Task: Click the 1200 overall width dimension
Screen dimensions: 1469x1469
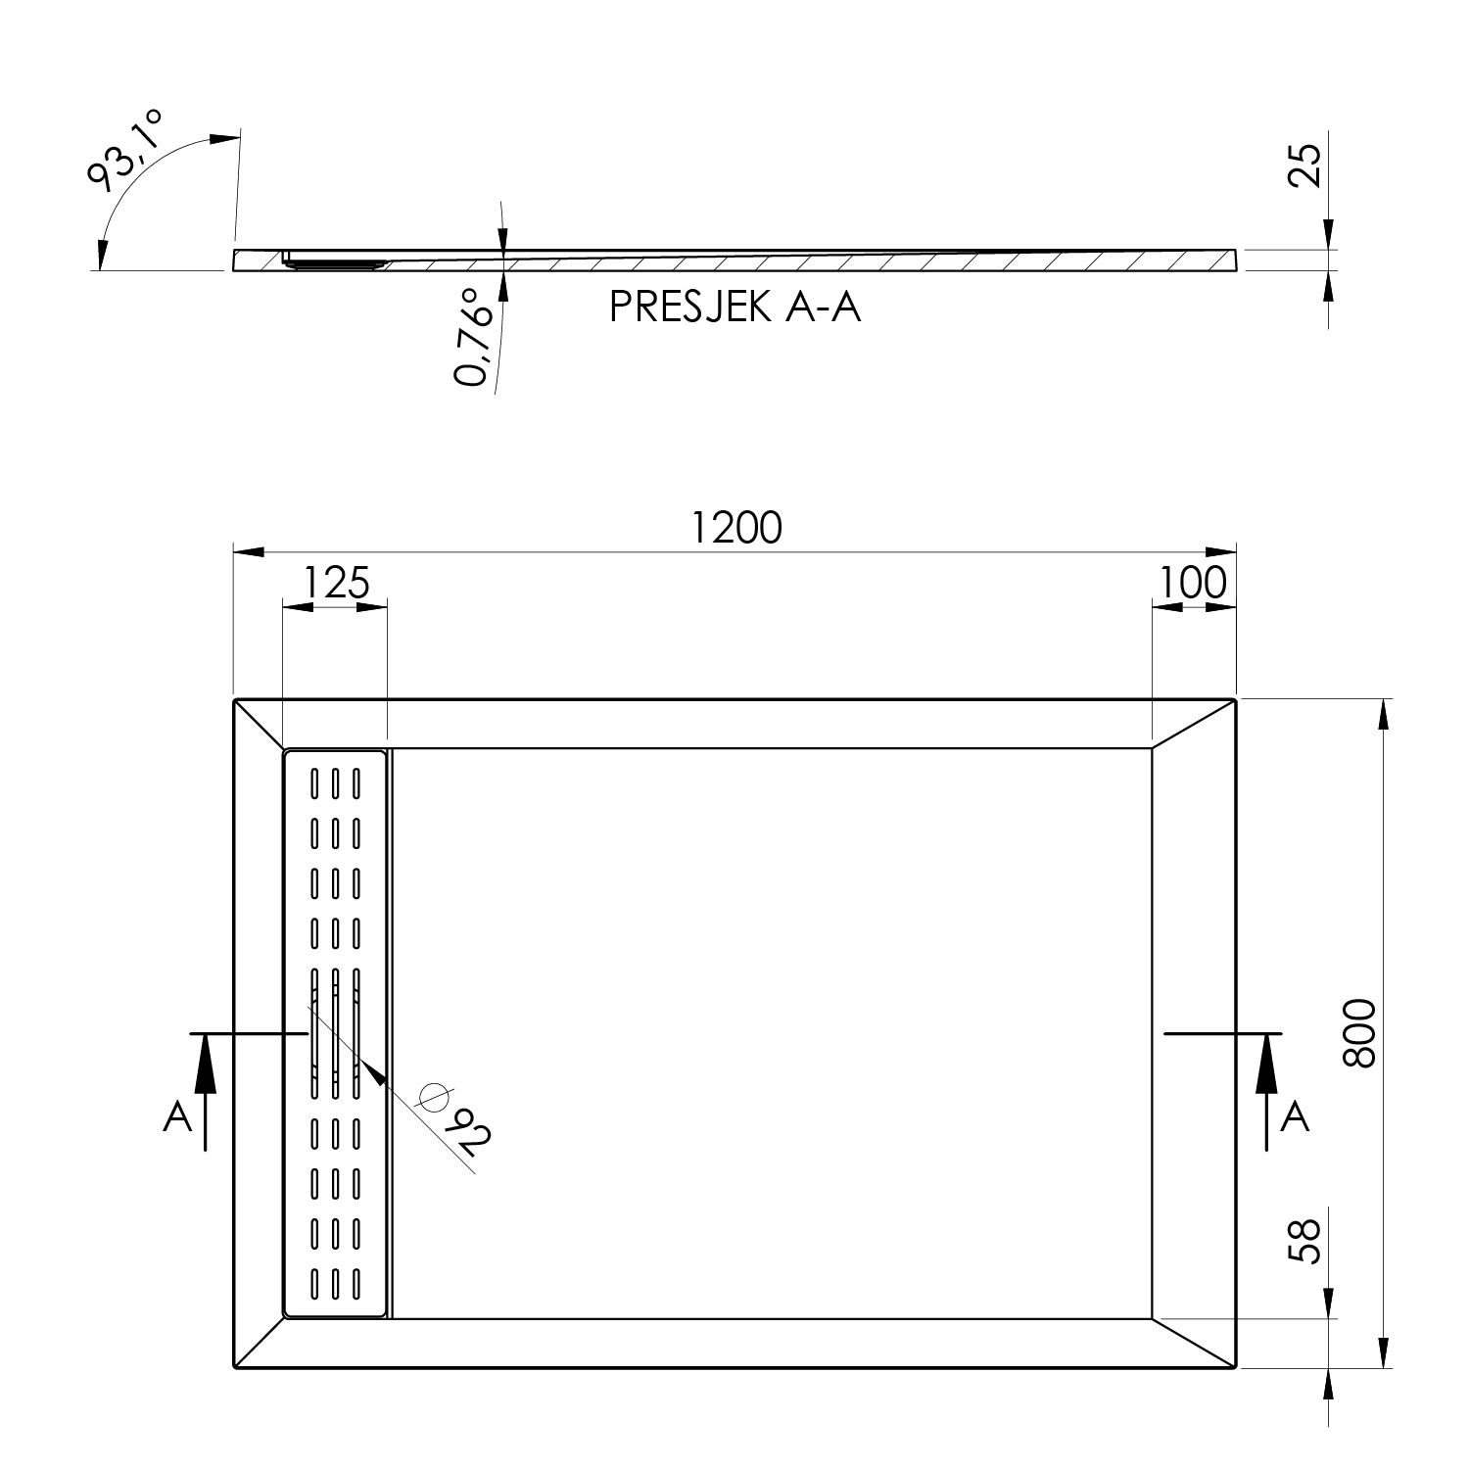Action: pyautogui.click(x=736, y=528)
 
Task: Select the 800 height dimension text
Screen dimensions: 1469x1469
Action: pyautogui.click(x=1360, y=1034)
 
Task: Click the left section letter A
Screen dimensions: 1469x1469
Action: pyautogui.click(x=177, y=1116)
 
